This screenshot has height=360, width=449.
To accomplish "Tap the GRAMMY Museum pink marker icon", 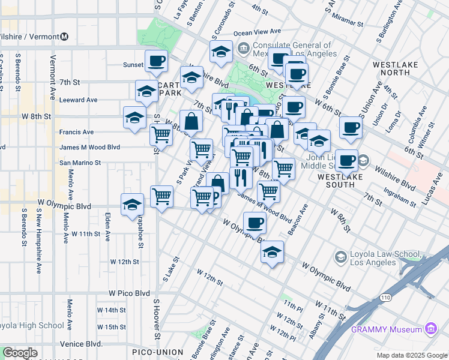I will tap(430, 329).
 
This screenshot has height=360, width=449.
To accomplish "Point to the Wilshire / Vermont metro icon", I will tap(64, 37).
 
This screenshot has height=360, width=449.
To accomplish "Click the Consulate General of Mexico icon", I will tap(244, 47).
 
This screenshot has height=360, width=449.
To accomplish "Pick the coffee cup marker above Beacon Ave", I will tap(255, 223).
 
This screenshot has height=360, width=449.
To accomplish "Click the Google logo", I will tap(20, 353).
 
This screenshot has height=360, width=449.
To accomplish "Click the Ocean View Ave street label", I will tap(257, 31).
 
